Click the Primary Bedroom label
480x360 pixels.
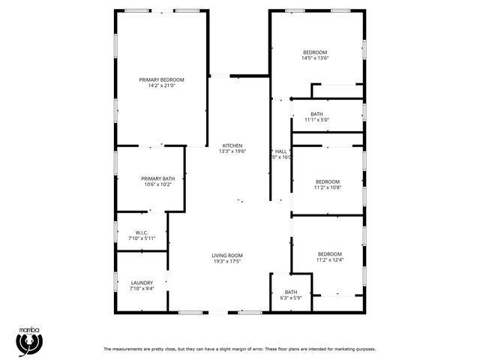click(161, 79)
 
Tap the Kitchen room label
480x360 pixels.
click(232, 145)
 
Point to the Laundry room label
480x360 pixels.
click(142, 283)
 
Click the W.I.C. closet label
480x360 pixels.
click(142, 232)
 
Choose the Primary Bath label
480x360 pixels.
click(157, 178)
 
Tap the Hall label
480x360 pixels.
click(281, 151)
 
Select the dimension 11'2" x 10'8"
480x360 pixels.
click(328, 187)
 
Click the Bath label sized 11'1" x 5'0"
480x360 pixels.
click(317, 114)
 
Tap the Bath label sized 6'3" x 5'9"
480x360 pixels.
click(290, 292)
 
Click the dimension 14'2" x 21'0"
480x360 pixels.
click(161, 85)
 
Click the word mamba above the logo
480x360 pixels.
click(28, 328)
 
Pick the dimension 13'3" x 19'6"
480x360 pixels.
click(232, 151)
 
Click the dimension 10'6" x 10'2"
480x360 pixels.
click(157, 184)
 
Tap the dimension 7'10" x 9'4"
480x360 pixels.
click(142, 289)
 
